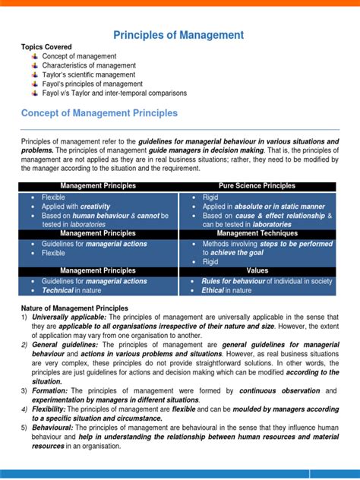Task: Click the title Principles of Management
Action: pos(178,35)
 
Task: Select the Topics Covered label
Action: pos(46,47)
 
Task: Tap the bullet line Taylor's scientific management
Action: pos(89,75)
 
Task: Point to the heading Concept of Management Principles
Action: pos(99,113)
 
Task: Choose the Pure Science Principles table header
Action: pos(257,186)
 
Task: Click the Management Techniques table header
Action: pos(257,233)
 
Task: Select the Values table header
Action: pos(257,270)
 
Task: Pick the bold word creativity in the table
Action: pos(95,206)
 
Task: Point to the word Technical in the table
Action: pos(58,290)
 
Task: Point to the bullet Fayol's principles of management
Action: pos(90,84)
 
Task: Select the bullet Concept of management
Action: pos(79,56)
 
